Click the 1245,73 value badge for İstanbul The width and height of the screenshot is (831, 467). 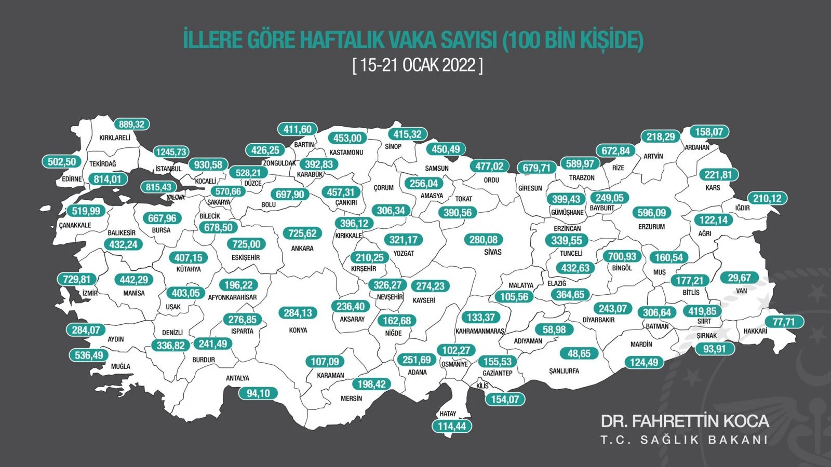(x=171, y=152)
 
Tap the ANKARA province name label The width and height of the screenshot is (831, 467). (x=302, y=249)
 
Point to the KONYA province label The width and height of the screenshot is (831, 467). (x=298, y=330)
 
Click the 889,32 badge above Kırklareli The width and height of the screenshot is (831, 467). (x=131, y=125)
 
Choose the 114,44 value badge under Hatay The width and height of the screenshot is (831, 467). (x=452, y=426)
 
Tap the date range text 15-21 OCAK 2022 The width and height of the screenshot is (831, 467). (x=418, y=65)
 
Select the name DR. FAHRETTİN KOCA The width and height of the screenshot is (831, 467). (x=685, y=421)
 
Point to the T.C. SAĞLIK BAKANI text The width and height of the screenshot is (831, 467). (x=684, y=440)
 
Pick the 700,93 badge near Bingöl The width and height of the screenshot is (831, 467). (x=622, y=256)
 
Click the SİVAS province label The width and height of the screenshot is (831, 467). (x=493, y=252)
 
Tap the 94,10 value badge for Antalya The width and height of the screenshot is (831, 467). (x=258, y=393)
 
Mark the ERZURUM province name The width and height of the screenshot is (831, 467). (x=651, y=227)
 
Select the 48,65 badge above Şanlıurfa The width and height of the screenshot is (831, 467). (x=579, y=353)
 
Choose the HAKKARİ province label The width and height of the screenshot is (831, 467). (x=755, y=331)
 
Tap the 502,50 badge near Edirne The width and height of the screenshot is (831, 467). (x=62, y=162)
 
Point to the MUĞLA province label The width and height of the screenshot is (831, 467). (x=120, y=366)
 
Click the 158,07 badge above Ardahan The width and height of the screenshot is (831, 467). (x=709, y=132)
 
